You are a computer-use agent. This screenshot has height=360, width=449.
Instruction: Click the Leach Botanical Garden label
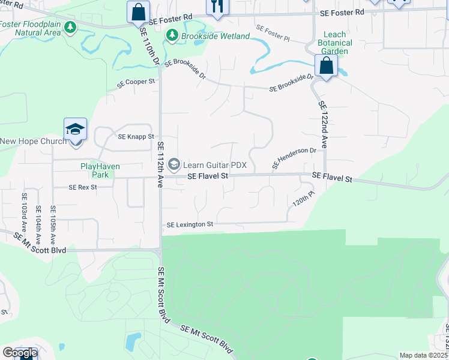(335, 43)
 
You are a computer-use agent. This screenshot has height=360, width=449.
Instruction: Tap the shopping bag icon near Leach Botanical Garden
(326, 66)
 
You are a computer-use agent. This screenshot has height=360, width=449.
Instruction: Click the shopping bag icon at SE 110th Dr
(138, 11)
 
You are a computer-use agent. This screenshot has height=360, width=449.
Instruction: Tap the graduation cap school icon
(76, 129)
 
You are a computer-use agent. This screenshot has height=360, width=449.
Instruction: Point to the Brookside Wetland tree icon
(172, 36)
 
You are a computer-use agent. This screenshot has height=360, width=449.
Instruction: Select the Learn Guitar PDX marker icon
(174, 164)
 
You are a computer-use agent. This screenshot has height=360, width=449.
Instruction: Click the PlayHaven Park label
(95, 170)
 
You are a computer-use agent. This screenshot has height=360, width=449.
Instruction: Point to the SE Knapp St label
(136, 137)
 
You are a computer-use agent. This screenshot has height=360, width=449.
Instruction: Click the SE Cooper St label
(136, 82)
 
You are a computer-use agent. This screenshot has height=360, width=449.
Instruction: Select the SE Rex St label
(82, 187)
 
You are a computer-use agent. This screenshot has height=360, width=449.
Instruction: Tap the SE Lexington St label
(190, 224)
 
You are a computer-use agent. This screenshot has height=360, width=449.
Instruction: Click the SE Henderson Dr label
(294, 157)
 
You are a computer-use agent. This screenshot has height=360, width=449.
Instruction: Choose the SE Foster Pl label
(273, 33)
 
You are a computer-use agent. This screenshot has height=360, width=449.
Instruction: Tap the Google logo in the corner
(20, 353)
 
